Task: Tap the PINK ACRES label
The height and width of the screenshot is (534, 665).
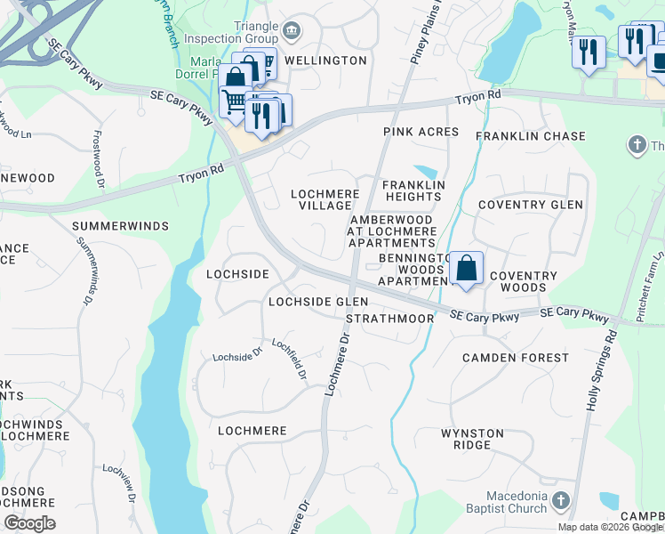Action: click(x=421, y=132)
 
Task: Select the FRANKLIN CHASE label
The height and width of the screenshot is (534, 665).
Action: click(x=530, y=136)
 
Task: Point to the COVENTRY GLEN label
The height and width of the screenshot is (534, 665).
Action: click(x=530, y=205)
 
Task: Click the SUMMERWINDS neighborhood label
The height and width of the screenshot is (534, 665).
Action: click(x=120, y=226)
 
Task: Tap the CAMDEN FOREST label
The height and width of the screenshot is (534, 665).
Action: click(x=515, y=358)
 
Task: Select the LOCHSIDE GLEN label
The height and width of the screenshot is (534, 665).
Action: click(x=318, y=303)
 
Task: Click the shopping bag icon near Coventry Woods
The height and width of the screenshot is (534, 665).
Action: click(x=466, y=268)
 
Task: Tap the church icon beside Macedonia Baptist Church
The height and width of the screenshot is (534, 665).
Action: click(x=560, y=500)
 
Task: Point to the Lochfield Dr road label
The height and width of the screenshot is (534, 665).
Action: click(x=290, y=360)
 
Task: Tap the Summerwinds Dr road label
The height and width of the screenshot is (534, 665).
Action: click(x=84, y=266)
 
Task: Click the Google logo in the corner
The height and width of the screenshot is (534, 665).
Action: click(x=29, y=523)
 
